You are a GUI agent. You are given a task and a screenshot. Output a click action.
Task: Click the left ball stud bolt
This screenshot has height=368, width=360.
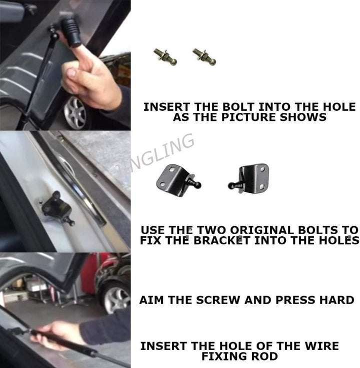pos(165,56)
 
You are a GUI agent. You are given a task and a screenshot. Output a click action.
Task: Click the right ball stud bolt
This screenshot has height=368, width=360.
pos(204,56)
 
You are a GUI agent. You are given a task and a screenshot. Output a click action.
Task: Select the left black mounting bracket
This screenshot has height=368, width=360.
pos(178,180)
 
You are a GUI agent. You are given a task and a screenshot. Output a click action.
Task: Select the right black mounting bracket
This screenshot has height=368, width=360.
pos(248,178)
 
